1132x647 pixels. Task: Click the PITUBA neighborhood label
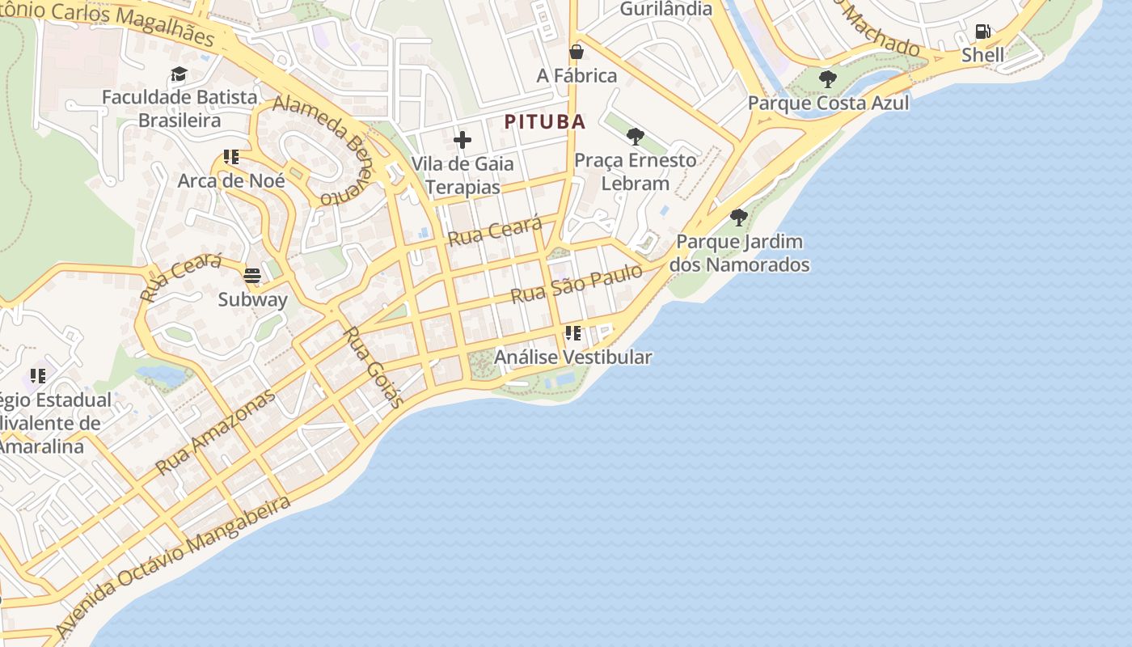pyautogui.click(x=545, y=122)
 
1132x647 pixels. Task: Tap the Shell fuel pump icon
pyautogui.click(x=983, y=32)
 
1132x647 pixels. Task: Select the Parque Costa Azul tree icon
pyautogui.click(x=827, y=78)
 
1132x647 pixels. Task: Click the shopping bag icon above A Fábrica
pyautogui.click(x=577, y=52)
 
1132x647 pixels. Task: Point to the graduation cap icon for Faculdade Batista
pyautogui.click(x=179, y=74)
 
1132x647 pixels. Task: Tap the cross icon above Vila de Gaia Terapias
pyautogui.click(x=463, y=140)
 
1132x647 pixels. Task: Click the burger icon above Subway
pyautogui.click(x=252, y=276)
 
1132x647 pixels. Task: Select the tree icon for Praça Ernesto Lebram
pyautogui.click(x=636, y=136)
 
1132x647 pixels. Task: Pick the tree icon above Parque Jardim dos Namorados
pyautogui.click(x=738, y=217)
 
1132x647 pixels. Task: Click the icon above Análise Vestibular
pyautogui.click(x=573, y=333)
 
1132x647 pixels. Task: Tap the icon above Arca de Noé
pyautogui.click(x=231, y=157)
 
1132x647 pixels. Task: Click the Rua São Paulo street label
pyautogui.click(x=577, y=284)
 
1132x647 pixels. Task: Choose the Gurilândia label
pyautogui.click(x=665, y=9)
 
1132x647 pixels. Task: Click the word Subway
pyautogui.click(x=252, y=300)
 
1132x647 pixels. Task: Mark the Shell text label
pyautogui.click(x=982, y=55)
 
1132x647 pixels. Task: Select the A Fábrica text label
pyautogui.click(x=577, y=76)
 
